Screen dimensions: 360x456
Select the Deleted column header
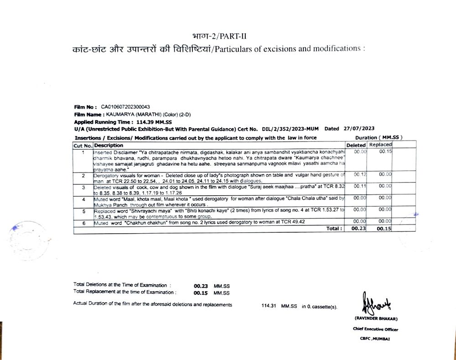pyautogui.click(x=356, y=145)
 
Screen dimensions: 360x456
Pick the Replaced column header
pyautogui.click(x=380, y=145)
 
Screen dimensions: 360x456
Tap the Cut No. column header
pyautogui.click(x=83, y=145)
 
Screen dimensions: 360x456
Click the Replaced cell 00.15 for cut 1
pyautogui.click(x=386, y=151)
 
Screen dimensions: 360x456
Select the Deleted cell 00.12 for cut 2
pyautogui.click(x=360, y=175)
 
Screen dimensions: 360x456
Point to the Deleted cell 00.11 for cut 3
pyautogui.click(x=360, y=186)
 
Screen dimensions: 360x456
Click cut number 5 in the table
pyautogui.click(x=83, y=212)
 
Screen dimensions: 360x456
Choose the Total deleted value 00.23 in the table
pyautogui.click(x=359, y=229)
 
